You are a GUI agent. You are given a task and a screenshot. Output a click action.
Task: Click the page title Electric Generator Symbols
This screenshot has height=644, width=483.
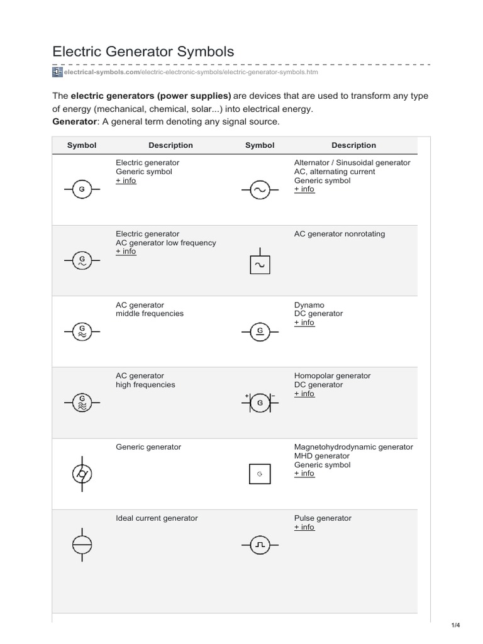[x=143, y=52]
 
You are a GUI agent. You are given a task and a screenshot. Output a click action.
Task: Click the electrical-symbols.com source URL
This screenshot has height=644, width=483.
[x=185, y=72]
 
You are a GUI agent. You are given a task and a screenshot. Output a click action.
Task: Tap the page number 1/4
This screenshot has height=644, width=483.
[x=456, y=625]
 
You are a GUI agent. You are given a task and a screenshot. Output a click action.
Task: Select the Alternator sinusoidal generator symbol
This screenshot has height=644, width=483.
[x=260, y=189]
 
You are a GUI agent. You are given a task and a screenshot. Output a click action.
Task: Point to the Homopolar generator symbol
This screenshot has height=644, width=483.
[x=260, y=402]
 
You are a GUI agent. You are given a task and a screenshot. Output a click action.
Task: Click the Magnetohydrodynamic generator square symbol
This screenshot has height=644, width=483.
[x=260, y=474]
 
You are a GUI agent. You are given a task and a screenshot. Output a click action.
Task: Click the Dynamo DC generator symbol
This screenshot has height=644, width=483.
[x=260, y=331]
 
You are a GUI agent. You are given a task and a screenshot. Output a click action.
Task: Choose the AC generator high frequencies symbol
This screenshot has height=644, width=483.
[x=82, y=402]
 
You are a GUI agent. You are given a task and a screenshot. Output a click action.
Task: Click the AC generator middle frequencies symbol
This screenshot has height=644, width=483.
[x=82, y=331]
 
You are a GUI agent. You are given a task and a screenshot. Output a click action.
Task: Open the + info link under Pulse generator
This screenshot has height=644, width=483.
[x=304, y=528]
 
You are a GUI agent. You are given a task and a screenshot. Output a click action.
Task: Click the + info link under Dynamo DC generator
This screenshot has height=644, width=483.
[x=304, y=323]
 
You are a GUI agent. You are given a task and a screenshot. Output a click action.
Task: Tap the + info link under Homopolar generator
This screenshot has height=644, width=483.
[x=304, y=394]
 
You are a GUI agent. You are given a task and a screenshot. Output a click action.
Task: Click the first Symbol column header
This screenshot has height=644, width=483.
[x=82, y=145]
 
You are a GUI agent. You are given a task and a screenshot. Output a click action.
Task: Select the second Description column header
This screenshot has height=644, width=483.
[x=353, y=145]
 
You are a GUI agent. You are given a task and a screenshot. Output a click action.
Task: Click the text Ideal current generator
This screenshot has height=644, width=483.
[x=157, y=518]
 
